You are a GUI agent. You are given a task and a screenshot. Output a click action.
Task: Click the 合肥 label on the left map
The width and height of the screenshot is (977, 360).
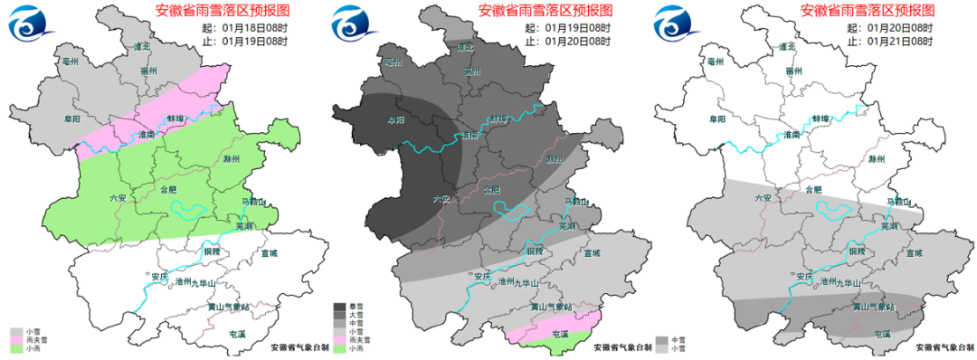169,191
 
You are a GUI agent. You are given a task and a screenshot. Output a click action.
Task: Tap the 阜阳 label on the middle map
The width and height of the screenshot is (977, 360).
395,118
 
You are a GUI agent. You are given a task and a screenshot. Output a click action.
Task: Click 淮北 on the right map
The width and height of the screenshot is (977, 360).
785,46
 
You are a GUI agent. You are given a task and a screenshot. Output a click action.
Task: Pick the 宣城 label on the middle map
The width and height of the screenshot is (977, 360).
592,254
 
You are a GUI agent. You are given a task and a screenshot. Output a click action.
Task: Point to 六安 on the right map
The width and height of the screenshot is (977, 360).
763,198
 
